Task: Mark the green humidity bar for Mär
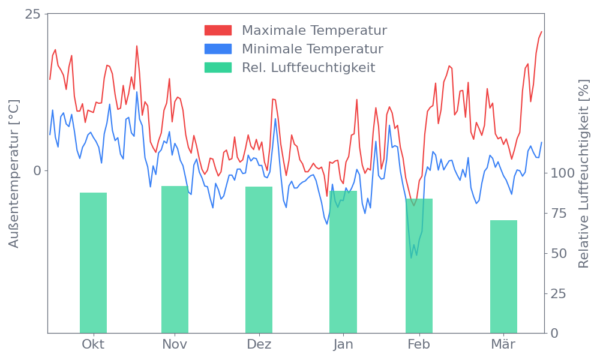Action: click(x=503, y=277)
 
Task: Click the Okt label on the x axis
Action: click(x=93, y=344)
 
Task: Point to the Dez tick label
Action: click(x=259, y=344)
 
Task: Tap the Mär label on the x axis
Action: click(x=503, y=344)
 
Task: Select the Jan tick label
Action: click(x=343, y=344)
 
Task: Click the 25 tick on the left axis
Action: click(x=32, y=14)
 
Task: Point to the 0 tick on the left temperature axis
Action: click(x=37, y=170)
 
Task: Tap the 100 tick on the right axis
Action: click(x=563, y=173)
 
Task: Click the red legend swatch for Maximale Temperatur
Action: click(x=218, y=31)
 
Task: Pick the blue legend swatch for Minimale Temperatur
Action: click(x=218, y=49)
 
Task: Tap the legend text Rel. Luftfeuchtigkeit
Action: click(x=308, y=67)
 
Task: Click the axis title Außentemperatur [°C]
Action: click(x=15, y=174)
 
